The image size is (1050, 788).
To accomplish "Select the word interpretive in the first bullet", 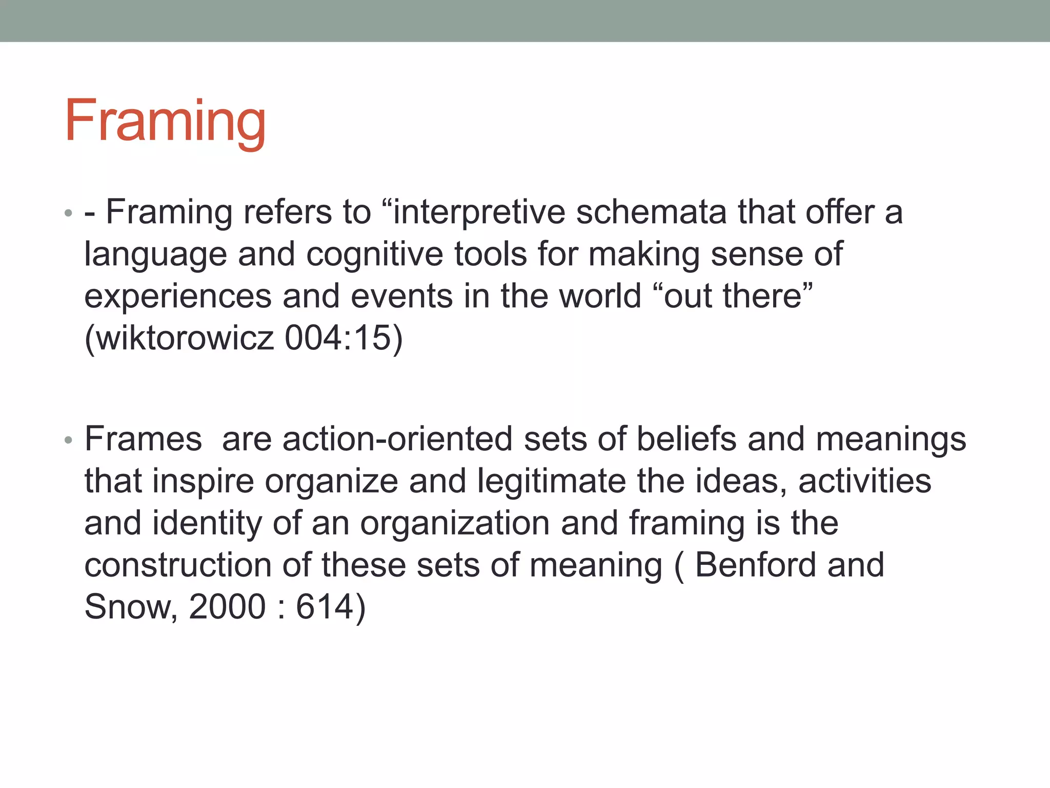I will [x=479, y=212].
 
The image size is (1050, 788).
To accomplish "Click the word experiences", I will [x=178, y=297].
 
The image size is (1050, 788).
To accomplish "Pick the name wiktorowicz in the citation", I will [x=185, y=338].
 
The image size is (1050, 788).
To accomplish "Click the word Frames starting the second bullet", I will [x=143, y=439].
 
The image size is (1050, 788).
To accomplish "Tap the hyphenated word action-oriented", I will [x=397, y=439].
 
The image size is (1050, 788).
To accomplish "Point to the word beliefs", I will [x=686, y=439].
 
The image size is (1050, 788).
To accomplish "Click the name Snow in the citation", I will [x=131, y=607].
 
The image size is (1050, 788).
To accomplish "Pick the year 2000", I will [x=227, y=607].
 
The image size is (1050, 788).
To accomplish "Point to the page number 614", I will [x=325, y=607].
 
